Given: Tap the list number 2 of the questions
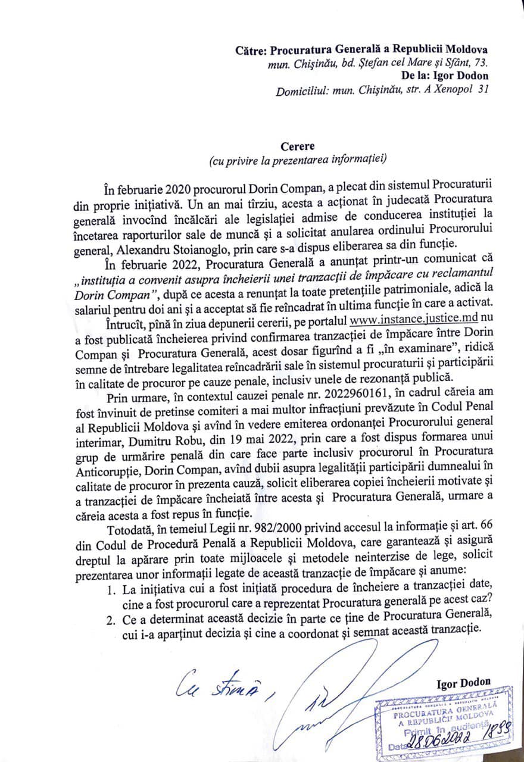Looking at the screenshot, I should click(110, 619).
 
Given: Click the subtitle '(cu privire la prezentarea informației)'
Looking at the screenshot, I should click(298, 159).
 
